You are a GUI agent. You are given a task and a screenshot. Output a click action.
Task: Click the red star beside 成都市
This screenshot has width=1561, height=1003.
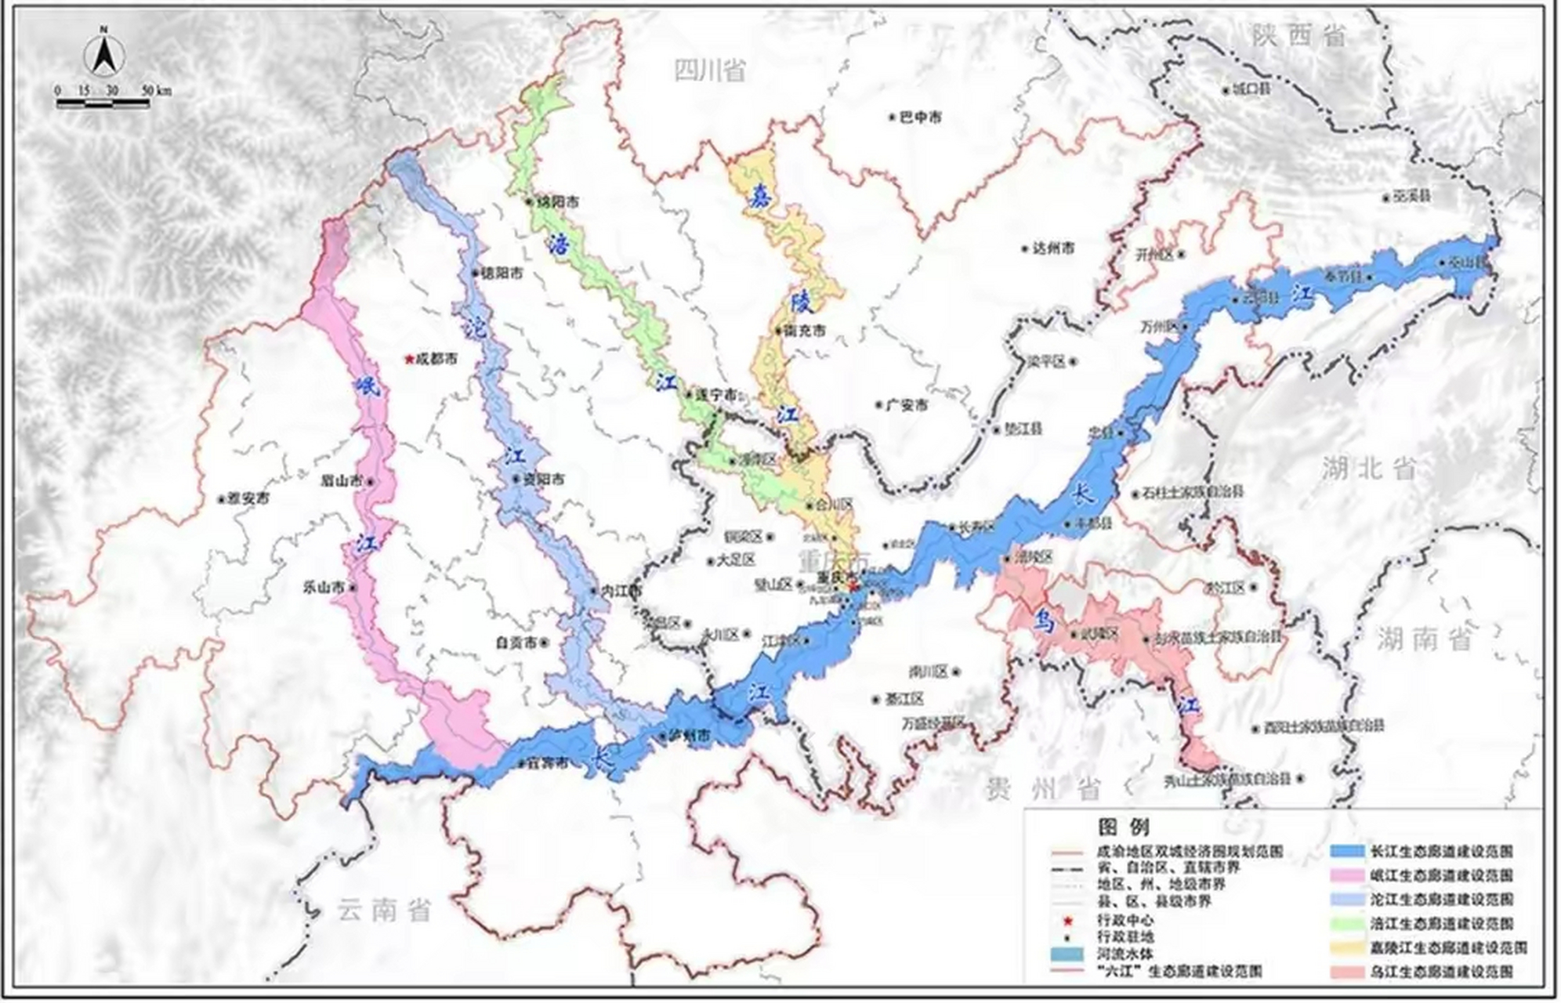(x=408, y=360)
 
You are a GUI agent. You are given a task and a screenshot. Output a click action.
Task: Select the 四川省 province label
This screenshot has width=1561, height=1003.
(x=710, y=71)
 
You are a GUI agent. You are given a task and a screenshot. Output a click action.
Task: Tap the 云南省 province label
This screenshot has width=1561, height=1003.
(x=385, y=911)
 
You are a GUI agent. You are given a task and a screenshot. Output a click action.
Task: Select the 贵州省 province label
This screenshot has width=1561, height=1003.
(x=1043, y=789)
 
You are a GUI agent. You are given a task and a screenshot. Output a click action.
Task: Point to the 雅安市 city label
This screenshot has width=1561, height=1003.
(x=248, y=498)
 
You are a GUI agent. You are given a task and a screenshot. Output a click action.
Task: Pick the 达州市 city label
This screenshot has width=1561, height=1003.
(x=1052, y=248)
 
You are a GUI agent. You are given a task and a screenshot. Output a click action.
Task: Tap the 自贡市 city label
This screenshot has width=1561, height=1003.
(x=516, y=642)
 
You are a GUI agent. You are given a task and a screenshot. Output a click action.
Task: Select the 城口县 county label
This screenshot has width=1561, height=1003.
(x=1251, y=89)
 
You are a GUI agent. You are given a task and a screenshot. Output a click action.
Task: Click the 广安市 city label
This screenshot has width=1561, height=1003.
(x=907, y=405)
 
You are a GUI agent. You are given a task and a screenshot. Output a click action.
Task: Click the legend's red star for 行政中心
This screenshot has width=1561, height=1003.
(x=1068, y=920)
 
